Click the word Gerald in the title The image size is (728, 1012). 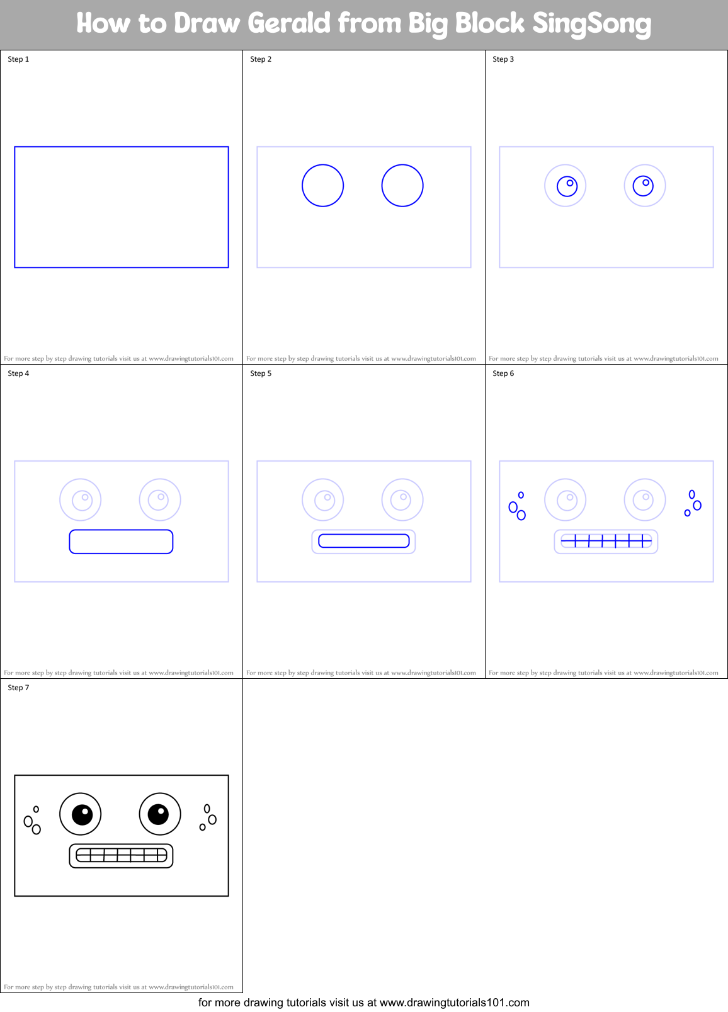pos(288,23)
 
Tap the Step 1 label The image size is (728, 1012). pos(18,59)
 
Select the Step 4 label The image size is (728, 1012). pos(18,373)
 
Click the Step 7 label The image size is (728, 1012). pos(18,688)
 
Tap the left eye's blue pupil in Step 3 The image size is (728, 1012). pos(567,186)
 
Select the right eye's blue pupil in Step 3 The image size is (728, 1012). pos(643,186)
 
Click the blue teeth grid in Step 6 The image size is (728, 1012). pos(606,541)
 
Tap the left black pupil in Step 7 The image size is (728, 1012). pos(82,814)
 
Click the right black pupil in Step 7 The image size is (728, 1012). pos(158,814)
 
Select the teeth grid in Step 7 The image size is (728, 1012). pos(121,855)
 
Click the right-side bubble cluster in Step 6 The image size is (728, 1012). pos(693,504)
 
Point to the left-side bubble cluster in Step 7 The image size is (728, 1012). pos(32,821)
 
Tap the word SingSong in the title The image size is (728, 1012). pos(591,23)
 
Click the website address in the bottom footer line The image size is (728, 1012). pos(454,1003)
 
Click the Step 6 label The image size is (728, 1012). pos(503,373)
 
